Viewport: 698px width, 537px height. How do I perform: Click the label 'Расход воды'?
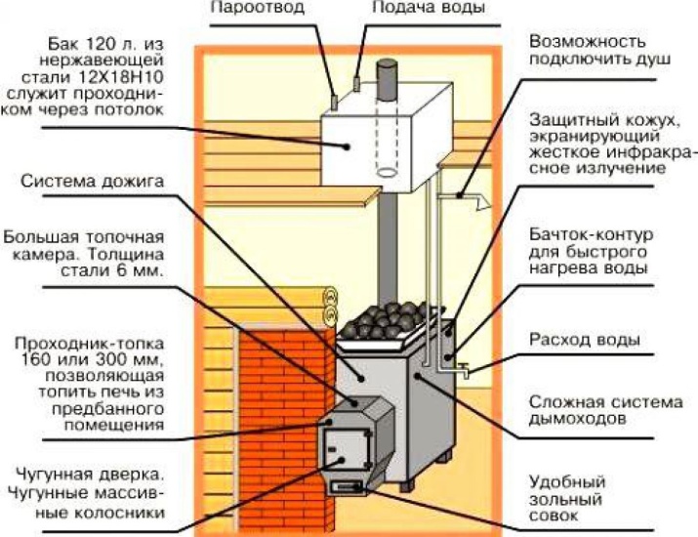pos(584,341)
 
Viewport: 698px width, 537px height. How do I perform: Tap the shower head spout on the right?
pos(477,202)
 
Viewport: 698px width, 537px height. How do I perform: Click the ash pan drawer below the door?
pos(346,485)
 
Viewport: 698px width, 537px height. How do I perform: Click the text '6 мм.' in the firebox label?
pos(139,271)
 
